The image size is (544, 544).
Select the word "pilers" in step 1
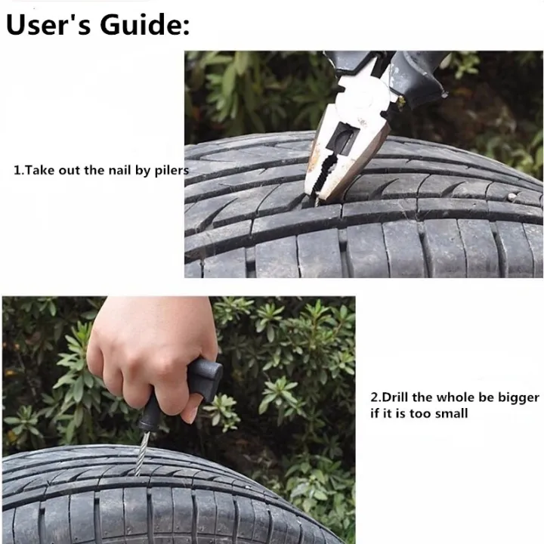169,171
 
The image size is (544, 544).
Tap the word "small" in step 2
451,413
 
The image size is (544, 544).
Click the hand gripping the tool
144,348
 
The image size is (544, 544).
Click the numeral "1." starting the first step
19,170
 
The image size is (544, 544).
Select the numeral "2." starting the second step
376,397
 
